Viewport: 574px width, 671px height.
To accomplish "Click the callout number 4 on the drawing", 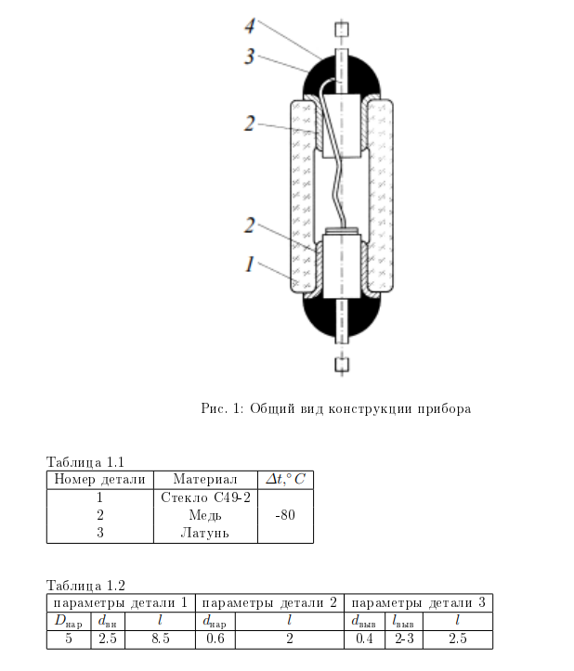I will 250,25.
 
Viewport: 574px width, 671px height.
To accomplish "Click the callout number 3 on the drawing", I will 249,56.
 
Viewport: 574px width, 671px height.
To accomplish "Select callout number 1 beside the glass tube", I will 249,265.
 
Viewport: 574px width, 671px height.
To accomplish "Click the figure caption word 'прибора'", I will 443,408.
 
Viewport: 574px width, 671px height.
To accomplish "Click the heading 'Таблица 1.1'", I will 85,461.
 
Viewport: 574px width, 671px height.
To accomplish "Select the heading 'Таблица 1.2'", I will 85,585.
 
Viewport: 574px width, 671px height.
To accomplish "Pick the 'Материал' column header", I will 204,480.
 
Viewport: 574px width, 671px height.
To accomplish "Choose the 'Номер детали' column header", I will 100,480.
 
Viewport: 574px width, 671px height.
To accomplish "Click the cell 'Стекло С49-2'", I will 204,497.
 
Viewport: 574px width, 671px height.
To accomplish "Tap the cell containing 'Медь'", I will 204,515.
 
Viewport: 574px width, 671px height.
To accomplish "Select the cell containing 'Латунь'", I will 204,533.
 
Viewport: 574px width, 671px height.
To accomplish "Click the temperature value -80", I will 285,515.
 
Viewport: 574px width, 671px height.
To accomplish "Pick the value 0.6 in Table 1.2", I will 215,639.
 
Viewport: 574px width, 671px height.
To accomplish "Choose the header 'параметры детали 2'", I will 270,603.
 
